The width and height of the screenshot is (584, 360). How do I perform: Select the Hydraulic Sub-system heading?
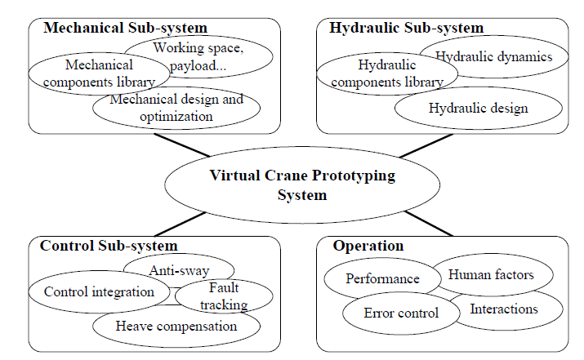(406, 28)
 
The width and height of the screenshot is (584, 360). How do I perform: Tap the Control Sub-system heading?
(109, 245)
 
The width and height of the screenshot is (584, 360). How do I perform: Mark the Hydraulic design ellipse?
(478, 107)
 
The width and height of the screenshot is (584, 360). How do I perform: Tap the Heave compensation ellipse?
(176, 327)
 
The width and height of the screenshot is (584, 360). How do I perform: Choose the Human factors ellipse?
(491, 274)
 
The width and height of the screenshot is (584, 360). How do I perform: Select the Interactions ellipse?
(504, 309)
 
